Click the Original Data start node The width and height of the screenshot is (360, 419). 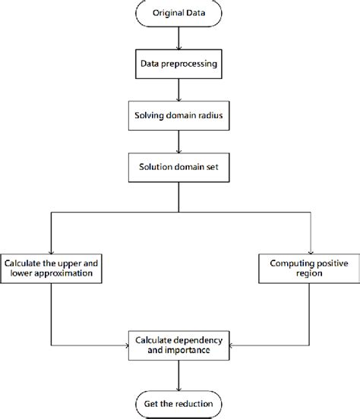(x=178, y=14)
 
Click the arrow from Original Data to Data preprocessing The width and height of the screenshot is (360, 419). (x=178, y=38)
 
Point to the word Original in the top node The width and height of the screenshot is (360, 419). (x=166, y=14)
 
